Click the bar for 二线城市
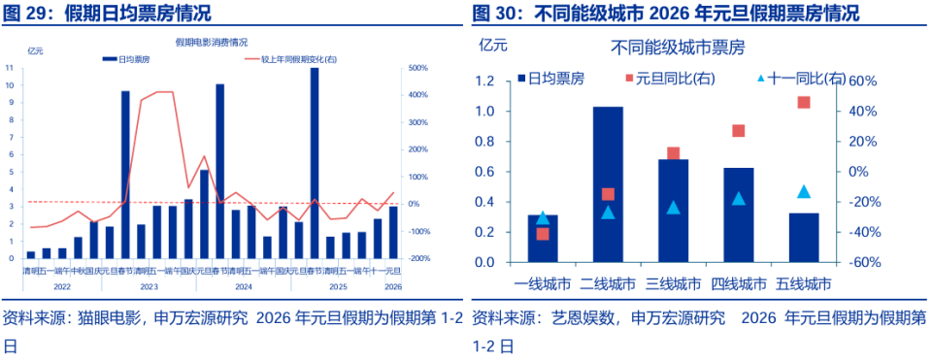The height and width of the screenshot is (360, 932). [x=608, y=184]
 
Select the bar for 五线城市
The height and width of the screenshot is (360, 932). [x=804, y=238]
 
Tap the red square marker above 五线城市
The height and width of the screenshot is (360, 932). [x=804, y=103]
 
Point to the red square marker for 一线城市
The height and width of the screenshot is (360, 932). [x=543, y=234]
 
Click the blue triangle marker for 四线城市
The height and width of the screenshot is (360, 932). [x=739, y=199]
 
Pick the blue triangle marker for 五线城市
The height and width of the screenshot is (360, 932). [x=804, y=192]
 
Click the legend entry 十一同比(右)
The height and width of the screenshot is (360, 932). [x=802, y=78]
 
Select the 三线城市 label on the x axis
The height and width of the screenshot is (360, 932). [x=673, y=284]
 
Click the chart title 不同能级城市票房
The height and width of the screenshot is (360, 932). [x=675, y=46]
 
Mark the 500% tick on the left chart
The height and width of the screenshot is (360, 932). [x=419, y=68]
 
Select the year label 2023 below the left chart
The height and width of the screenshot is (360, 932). [x=148, y=286]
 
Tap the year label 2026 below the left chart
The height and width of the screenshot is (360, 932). [x=393, y=286]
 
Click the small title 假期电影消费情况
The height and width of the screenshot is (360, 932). [x=211, y=42]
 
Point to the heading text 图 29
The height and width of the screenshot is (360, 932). [x=26, y=13]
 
